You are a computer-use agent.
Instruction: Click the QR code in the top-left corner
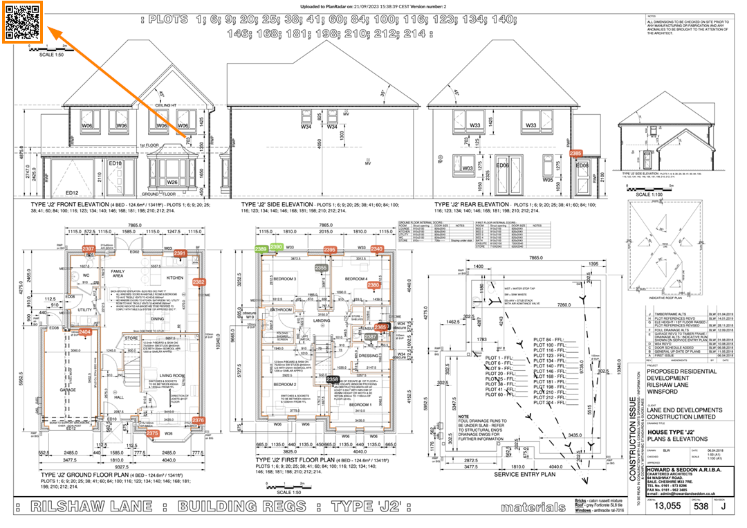click(x=23, y=22)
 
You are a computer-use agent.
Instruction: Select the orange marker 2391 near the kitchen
click(x=181, y=255)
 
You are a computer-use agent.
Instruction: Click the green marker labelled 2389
click(x=261, y=248)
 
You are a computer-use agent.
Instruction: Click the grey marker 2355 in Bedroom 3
click(x=322, y=267)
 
